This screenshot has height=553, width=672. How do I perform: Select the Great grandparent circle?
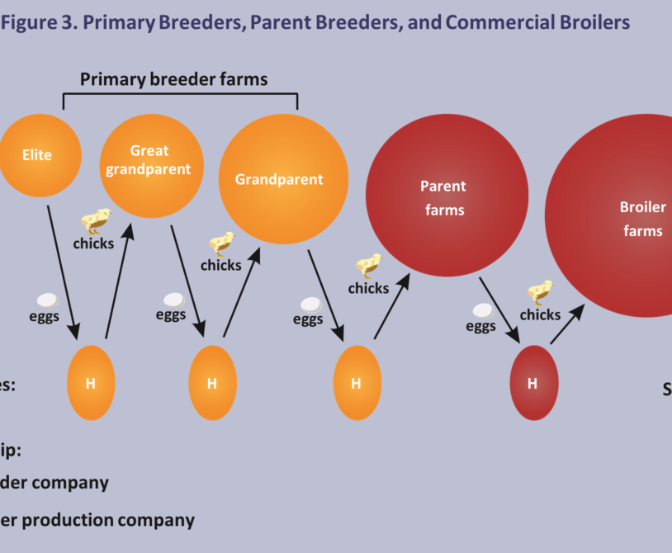150,165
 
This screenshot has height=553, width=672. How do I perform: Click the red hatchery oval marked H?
532,383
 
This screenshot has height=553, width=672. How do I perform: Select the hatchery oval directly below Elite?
90,383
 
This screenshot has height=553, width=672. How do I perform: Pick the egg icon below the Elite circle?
48,301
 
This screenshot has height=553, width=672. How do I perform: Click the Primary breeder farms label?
174,79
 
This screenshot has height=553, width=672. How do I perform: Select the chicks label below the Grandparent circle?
220,265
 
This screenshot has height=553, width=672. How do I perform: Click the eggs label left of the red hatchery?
480,326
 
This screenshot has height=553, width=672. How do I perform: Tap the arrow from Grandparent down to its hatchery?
326,293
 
